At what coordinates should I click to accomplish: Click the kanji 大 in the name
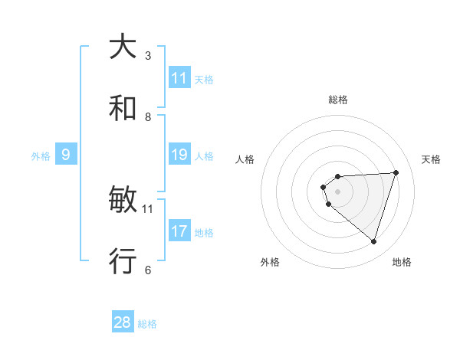click(123, 46)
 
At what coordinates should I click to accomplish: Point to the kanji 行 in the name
click(123, 261)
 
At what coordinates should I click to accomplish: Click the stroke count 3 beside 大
click(148, 55)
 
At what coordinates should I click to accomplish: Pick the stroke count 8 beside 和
click(148, 116)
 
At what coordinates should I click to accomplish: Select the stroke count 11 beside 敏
click(148, 208)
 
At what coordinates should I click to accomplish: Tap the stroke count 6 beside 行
click(148, 270)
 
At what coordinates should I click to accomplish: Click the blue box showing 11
click(179, 78)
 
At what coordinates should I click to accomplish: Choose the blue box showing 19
click(179, 155)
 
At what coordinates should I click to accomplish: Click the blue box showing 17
click(179, 231)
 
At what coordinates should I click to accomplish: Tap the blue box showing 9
click(66, 155)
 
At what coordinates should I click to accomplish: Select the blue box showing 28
click(123, 322)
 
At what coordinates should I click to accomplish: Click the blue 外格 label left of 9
click(41, 156)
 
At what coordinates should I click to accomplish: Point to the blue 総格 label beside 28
click(147, 324)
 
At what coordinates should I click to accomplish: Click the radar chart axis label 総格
click(338, 100)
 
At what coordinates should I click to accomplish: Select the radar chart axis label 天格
click(431, 159)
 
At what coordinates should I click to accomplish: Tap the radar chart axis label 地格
click(402, 262)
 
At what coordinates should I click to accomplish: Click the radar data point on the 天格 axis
click(396, 172)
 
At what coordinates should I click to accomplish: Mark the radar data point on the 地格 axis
click(373, 242)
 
